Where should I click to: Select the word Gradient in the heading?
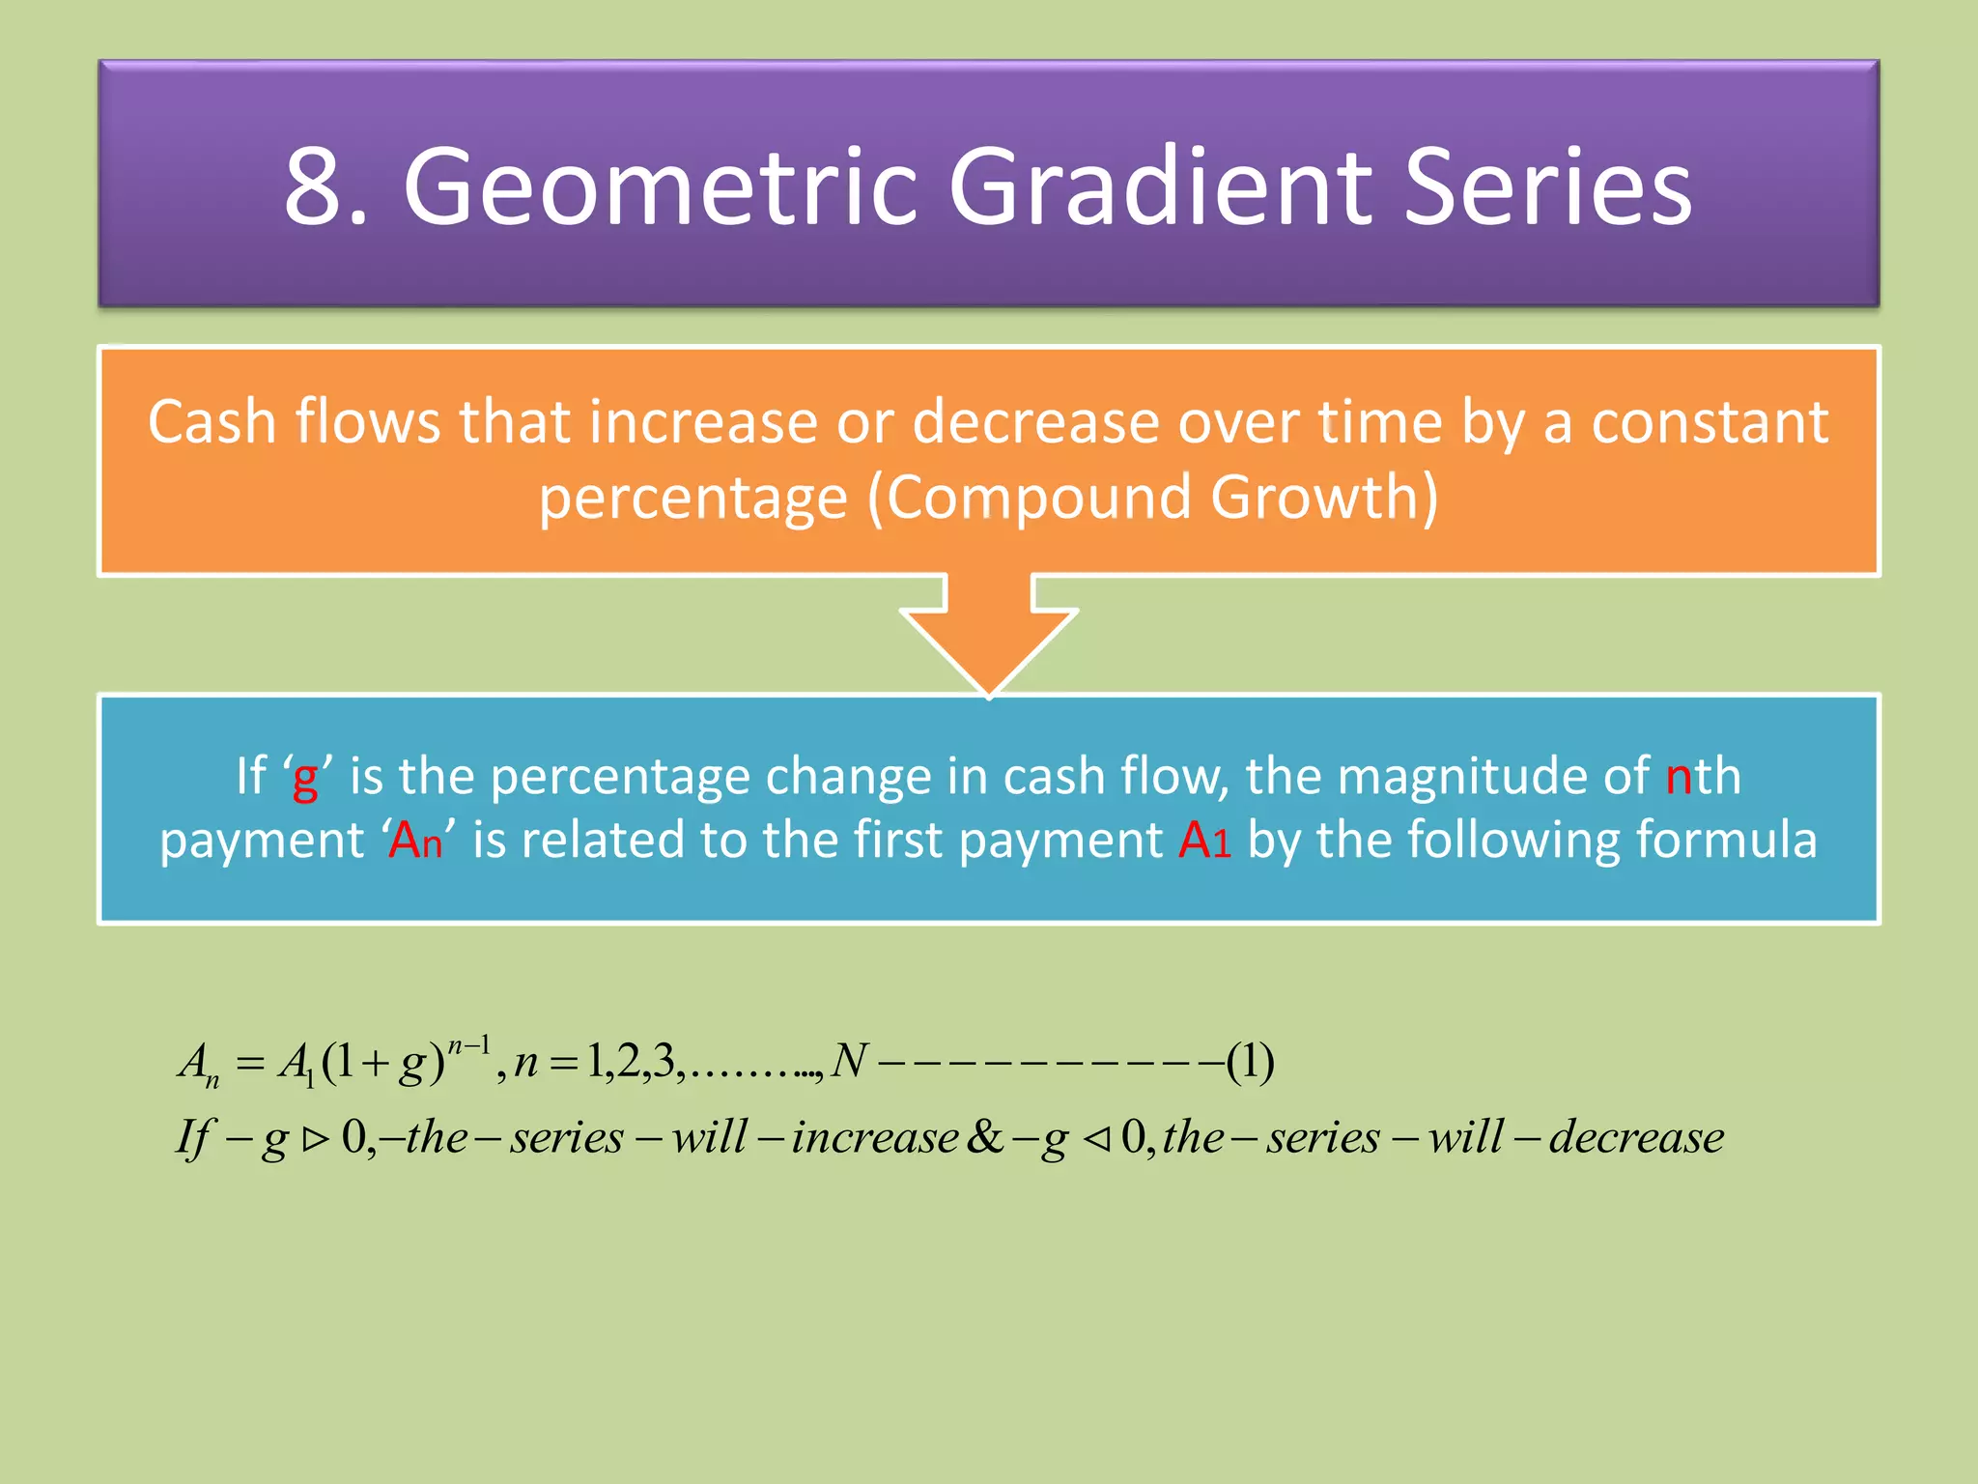coord(1159,186)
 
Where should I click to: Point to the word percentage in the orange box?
coord(692,499)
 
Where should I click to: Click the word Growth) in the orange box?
coord(1324,499)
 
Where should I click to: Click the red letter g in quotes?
coord(305,779)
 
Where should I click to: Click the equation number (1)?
coord(1250,1062)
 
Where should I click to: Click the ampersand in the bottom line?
coord(984,1137)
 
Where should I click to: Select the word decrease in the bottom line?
coord(1636,1137)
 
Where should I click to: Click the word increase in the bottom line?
coord(875,1137)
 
